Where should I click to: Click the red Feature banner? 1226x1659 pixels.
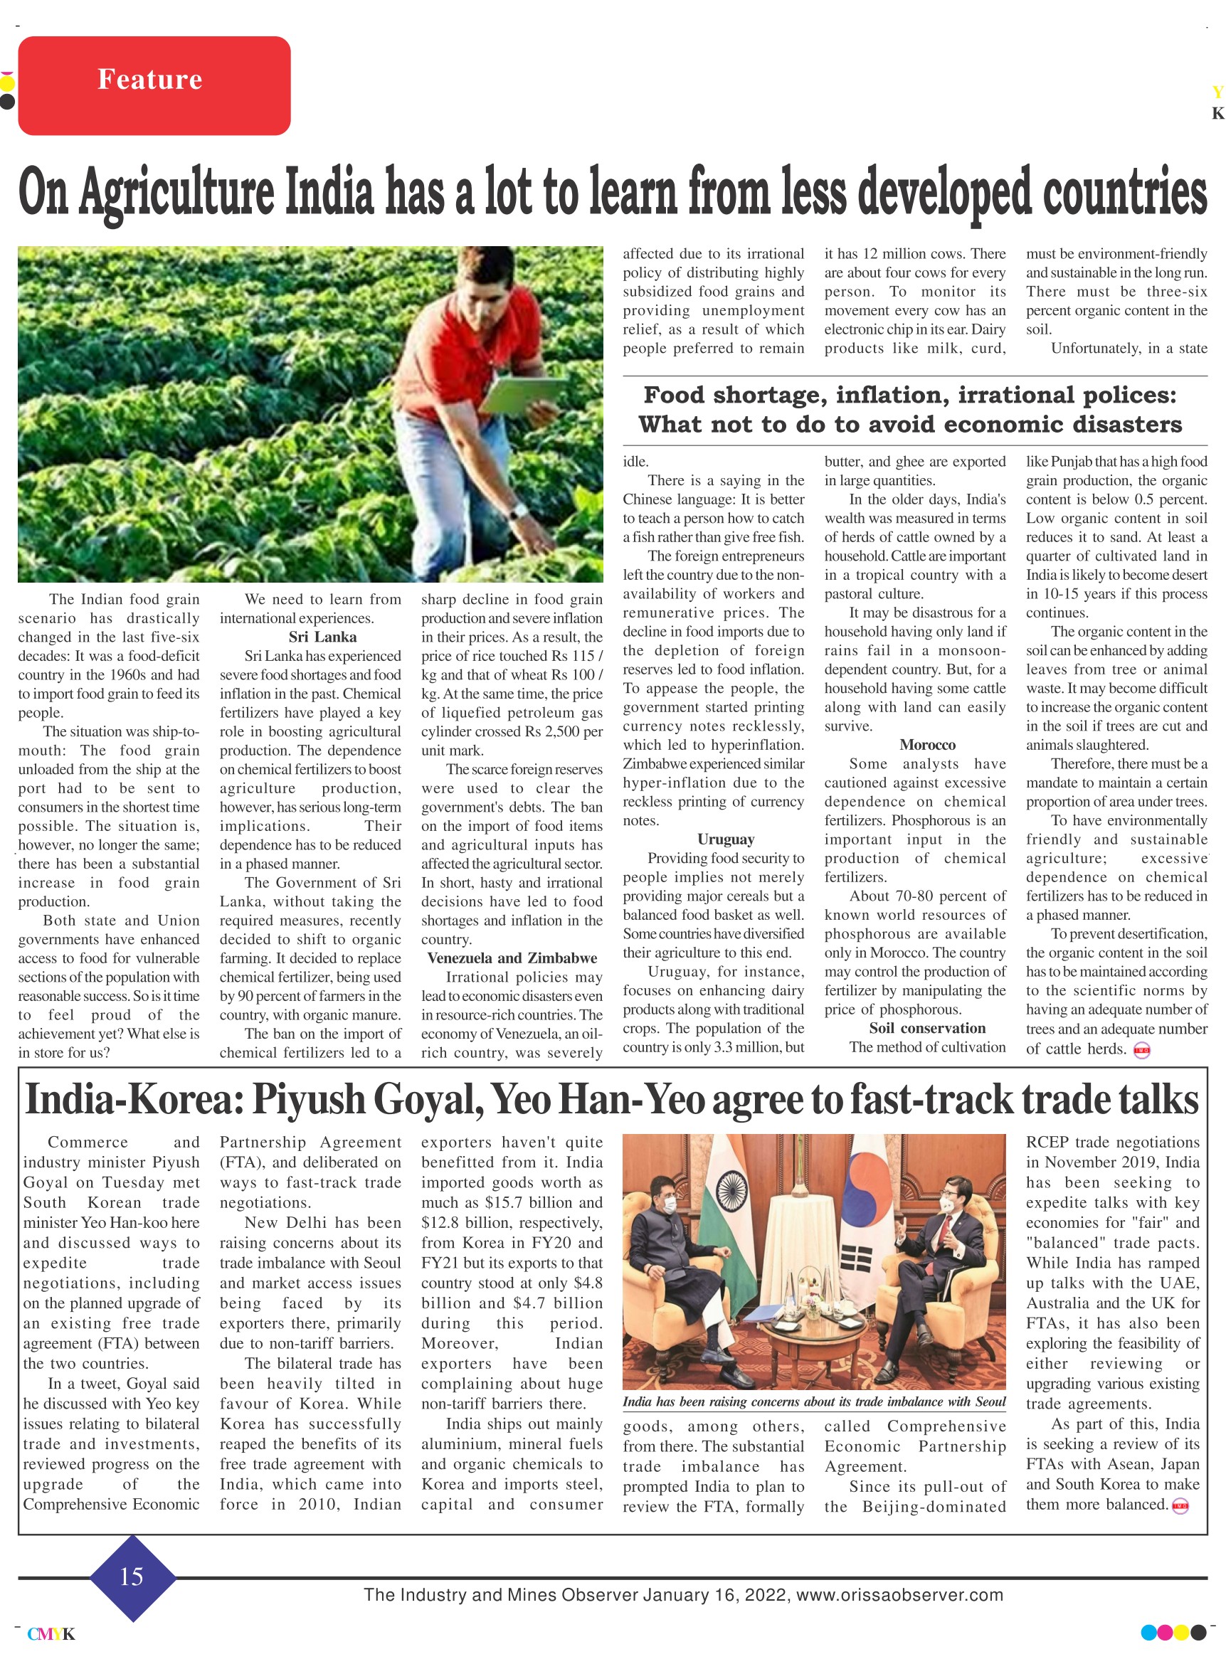tap(154, 85)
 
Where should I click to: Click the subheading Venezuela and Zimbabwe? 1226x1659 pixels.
tap(512, 958)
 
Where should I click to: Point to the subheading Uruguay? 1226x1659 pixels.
tap(725, 839)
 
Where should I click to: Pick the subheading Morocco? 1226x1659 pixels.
tap(927, 744)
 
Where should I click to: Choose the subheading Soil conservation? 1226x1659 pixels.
tap(927, 1027)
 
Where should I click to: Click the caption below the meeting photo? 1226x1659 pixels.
tap(813, 1401)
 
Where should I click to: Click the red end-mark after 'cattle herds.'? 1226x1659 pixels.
tap(1141, 1050)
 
